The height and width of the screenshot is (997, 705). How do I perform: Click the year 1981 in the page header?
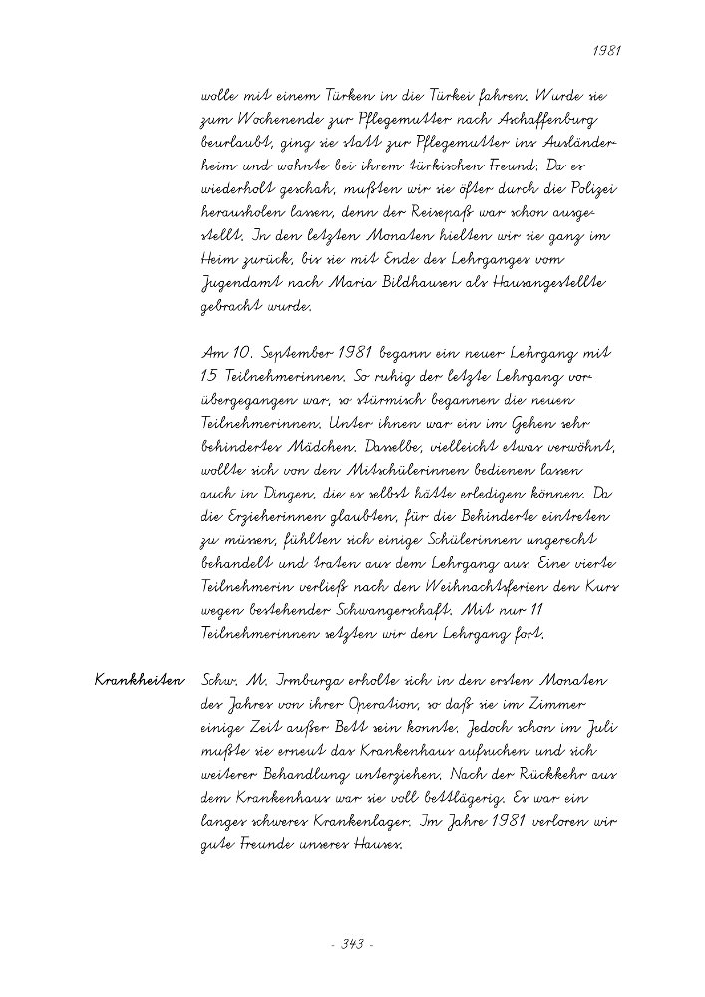[606, 48]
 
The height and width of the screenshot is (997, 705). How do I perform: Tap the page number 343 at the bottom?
[350, 944]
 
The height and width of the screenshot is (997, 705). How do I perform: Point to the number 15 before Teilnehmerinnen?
[211, 378]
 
